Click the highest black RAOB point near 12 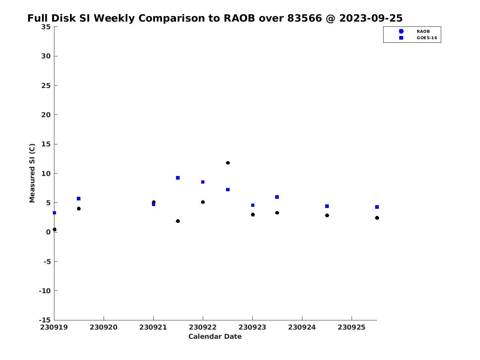point(228,163)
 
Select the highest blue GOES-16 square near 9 point(178,178)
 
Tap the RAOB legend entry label point(423,32)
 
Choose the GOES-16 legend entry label point(427,38)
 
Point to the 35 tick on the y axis point(46,27)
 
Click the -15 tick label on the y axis point(45,320)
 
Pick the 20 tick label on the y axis point(46,115)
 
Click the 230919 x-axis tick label point(54,328)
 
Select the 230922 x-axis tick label point(203,328)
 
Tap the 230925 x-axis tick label point(352,328)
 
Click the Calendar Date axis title point(215,337)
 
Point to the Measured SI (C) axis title point(32,173)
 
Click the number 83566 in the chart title point(305,18)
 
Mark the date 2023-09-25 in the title point(371,18)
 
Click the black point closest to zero point(54,230)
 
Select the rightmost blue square point(377,207)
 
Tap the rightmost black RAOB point point(377,218)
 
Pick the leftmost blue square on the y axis point(54,213)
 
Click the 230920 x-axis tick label point(104,328)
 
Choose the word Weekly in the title point(114,18)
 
